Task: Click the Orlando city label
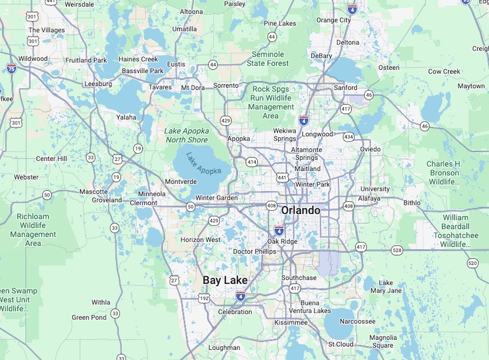(301, 210)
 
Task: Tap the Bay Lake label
(225, 280)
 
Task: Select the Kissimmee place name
(291, 323)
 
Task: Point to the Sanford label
(345, 88)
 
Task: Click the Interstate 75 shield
(12, 68)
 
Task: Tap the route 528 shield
(397, 250)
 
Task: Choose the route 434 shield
(348, 137)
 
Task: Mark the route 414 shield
(252, 162)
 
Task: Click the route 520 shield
(473, 263)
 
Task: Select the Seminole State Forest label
(268, 58)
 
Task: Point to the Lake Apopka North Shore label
(187, 136)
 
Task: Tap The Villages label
(47, 30)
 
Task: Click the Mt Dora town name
(193, 88)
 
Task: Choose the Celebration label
(235, 312)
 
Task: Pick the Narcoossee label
(357, 321)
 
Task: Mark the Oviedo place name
(370, 149)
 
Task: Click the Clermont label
(144, 202)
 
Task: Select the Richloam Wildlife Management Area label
(33, 229)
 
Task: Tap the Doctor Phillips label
(255, 251)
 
